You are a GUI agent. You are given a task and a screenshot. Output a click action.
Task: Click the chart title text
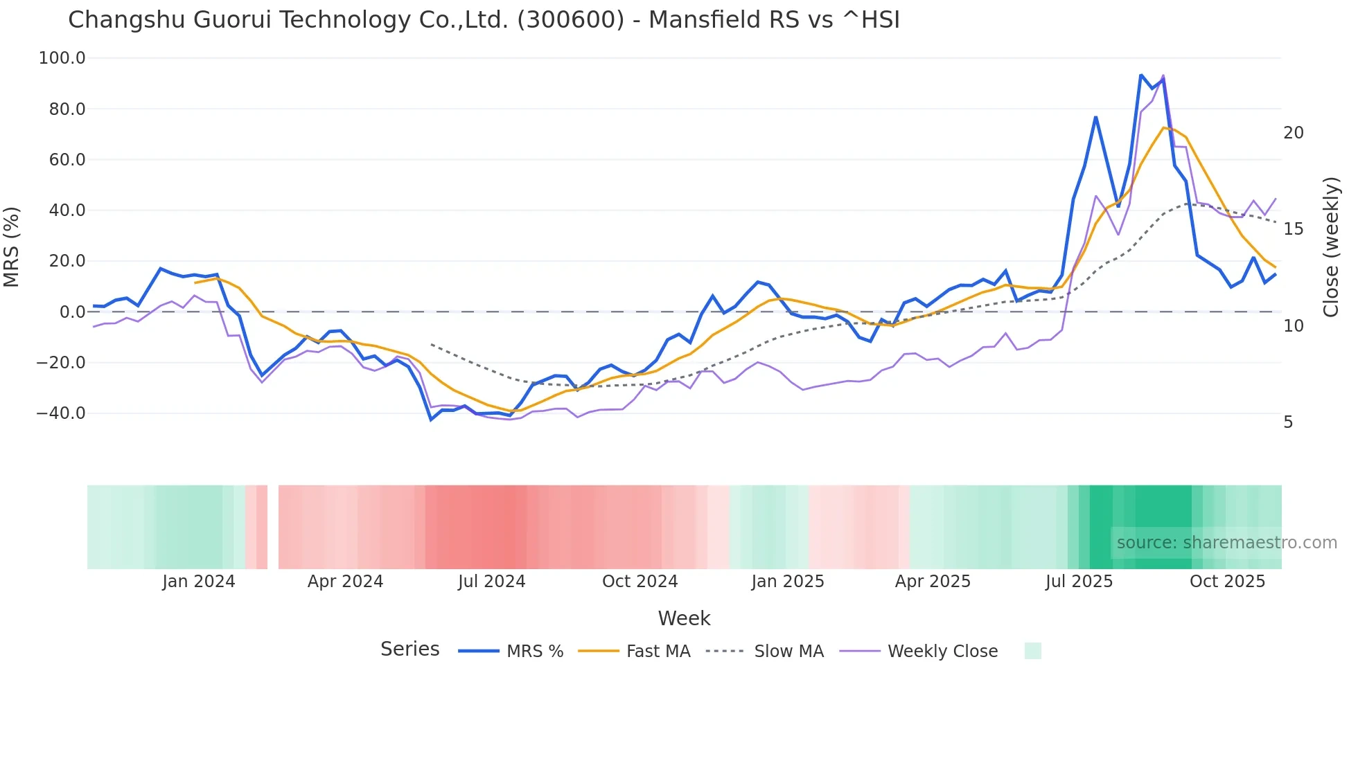(x=484, y=20)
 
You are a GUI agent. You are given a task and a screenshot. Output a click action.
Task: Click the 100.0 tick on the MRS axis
(x=62, y=58)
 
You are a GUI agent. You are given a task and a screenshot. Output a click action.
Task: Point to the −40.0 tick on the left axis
(x=61, y=413)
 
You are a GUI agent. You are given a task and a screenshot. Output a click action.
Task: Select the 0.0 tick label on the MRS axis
(x=72, y=312)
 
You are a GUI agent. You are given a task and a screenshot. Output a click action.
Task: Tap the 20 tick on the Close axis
(x=1293, y=133)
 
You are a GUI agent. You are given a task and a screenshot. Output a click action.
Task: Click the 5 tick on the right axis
(x=1288, y=422)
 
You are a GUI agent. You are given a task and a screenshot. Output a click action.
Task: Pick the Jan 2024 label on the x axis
(x=199, y=582)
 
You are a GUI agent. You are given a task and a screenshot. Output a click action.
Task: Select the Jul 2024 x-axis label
(x=492, y=582)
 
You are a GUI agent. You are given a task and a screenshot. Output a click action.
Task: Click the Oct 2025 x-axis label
(x=1227, y=582)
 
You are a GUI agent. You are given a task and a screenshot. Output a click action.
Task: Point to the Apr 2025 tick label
(x=933, y=582)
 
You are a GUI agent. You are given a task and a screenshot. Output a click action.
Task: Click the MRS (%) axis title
(x=12, y=247)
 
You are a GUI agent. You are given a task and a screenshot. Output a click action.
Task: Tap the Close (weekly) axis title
(x=1331, y=247)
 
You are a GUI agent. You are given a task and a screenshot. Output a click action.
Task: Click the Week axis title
(x=684, y=618)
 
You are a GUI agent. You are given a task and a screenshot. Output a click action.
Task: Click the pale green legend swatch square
(x=1032, y=651)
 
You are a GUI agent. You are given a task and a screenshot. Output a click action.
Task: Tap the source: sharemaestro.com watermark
(x=1226, y=543)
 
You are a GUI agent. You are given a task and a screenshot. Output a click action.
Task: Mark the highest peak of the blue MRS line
(x=1140, y=75)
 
